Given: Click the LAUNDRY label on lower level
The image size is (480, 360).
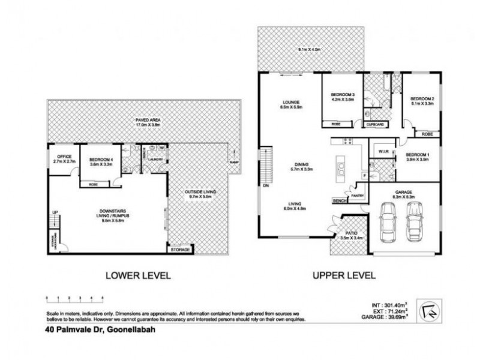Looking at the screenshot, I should click(157, 159).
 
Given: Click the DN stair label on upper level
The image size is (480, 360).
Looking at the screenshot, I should click(266, 185).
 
